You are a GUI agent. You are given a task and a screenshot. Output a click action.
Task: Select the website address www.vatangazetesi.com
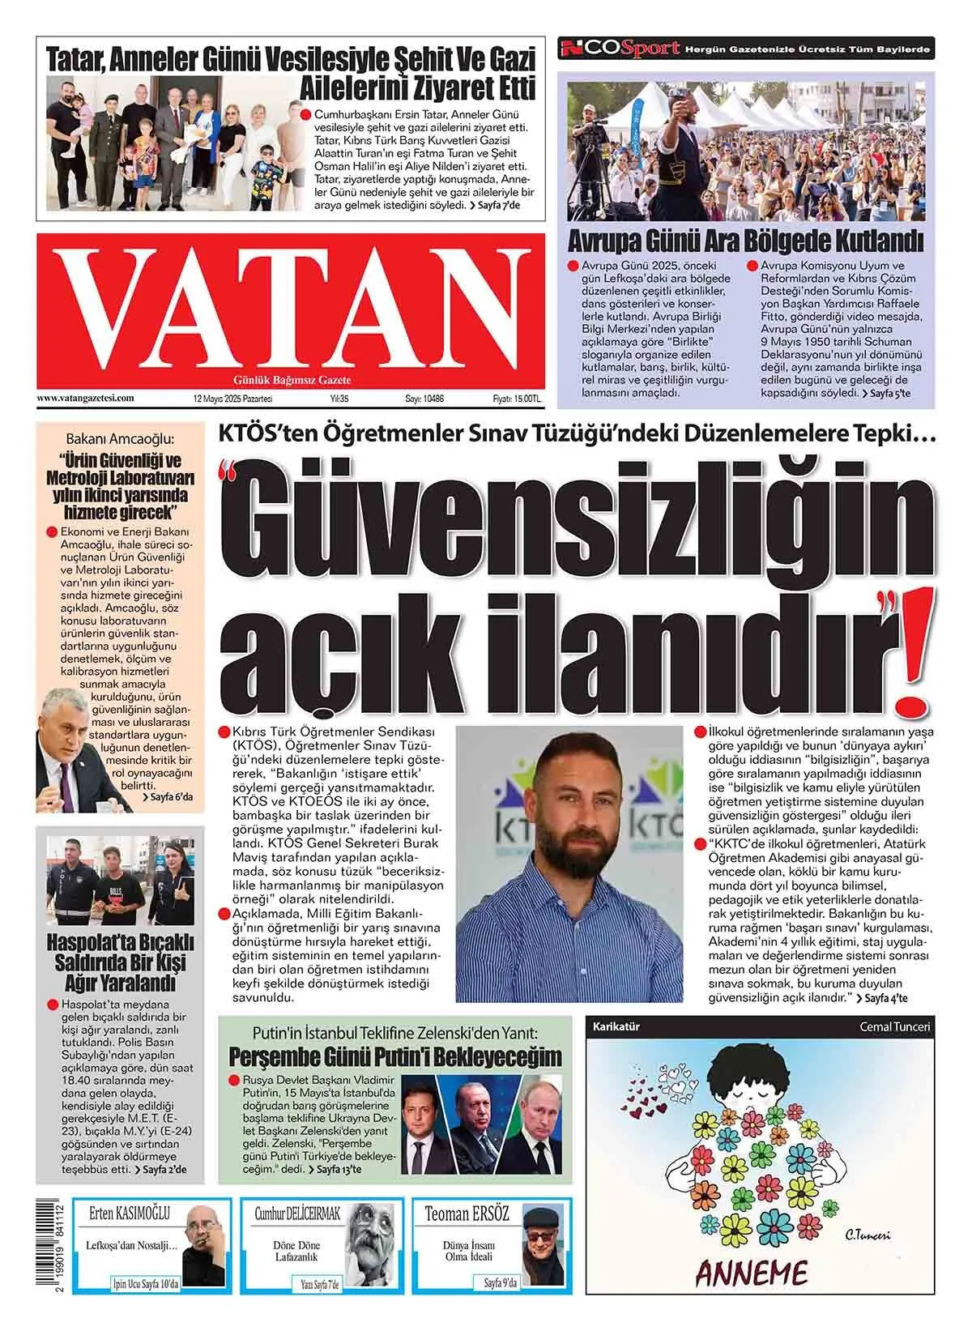[x=85, y=399]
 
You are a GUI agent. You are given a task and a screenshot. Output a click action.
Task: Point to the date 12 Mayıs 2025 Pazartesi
[x=232, y=399]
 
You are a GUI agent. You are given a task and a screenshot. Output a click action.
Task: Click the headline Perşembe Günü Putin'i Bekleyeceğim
[x=395, y=1056]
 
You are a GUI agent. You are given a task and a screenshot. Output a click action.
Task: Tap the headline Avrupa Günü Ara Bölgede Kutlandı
[x=745, y=241]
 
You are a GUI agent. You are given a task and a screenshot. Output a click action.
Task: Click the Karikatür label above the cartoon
[x=616, y=1026]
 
